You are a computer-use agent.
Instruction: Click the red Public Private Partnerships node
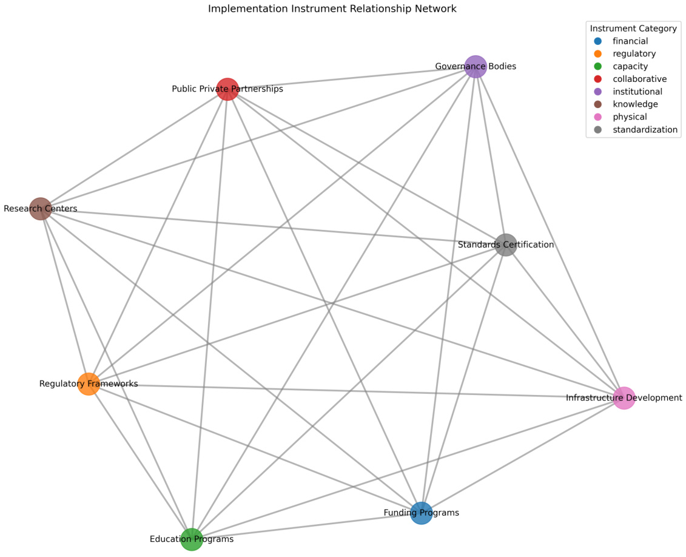227,89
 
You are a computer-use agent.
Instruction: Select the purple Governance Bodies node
476,67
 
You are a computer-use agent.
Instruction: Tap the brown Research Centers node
41,209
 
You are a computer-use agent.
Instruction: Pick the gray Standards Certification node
506,245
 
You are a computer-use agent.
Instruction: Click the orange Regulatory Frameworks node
89,384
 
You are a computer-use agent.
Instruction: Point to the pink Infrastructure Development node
624,398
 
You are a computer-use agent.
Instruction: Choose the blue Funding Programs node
421,513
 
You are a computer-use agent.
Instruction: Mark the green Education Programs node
192,539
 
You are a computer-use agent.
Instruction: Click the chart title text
332,9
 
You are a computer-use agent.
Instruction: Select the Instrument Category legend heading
633,29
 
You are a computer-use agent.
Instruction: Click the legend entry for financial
630,41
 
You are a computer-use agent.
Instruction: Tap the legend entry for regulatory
630,54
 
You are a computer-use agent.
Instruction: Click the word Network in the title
436,9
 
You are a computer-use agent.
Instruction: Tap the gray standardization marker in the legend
598,130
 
